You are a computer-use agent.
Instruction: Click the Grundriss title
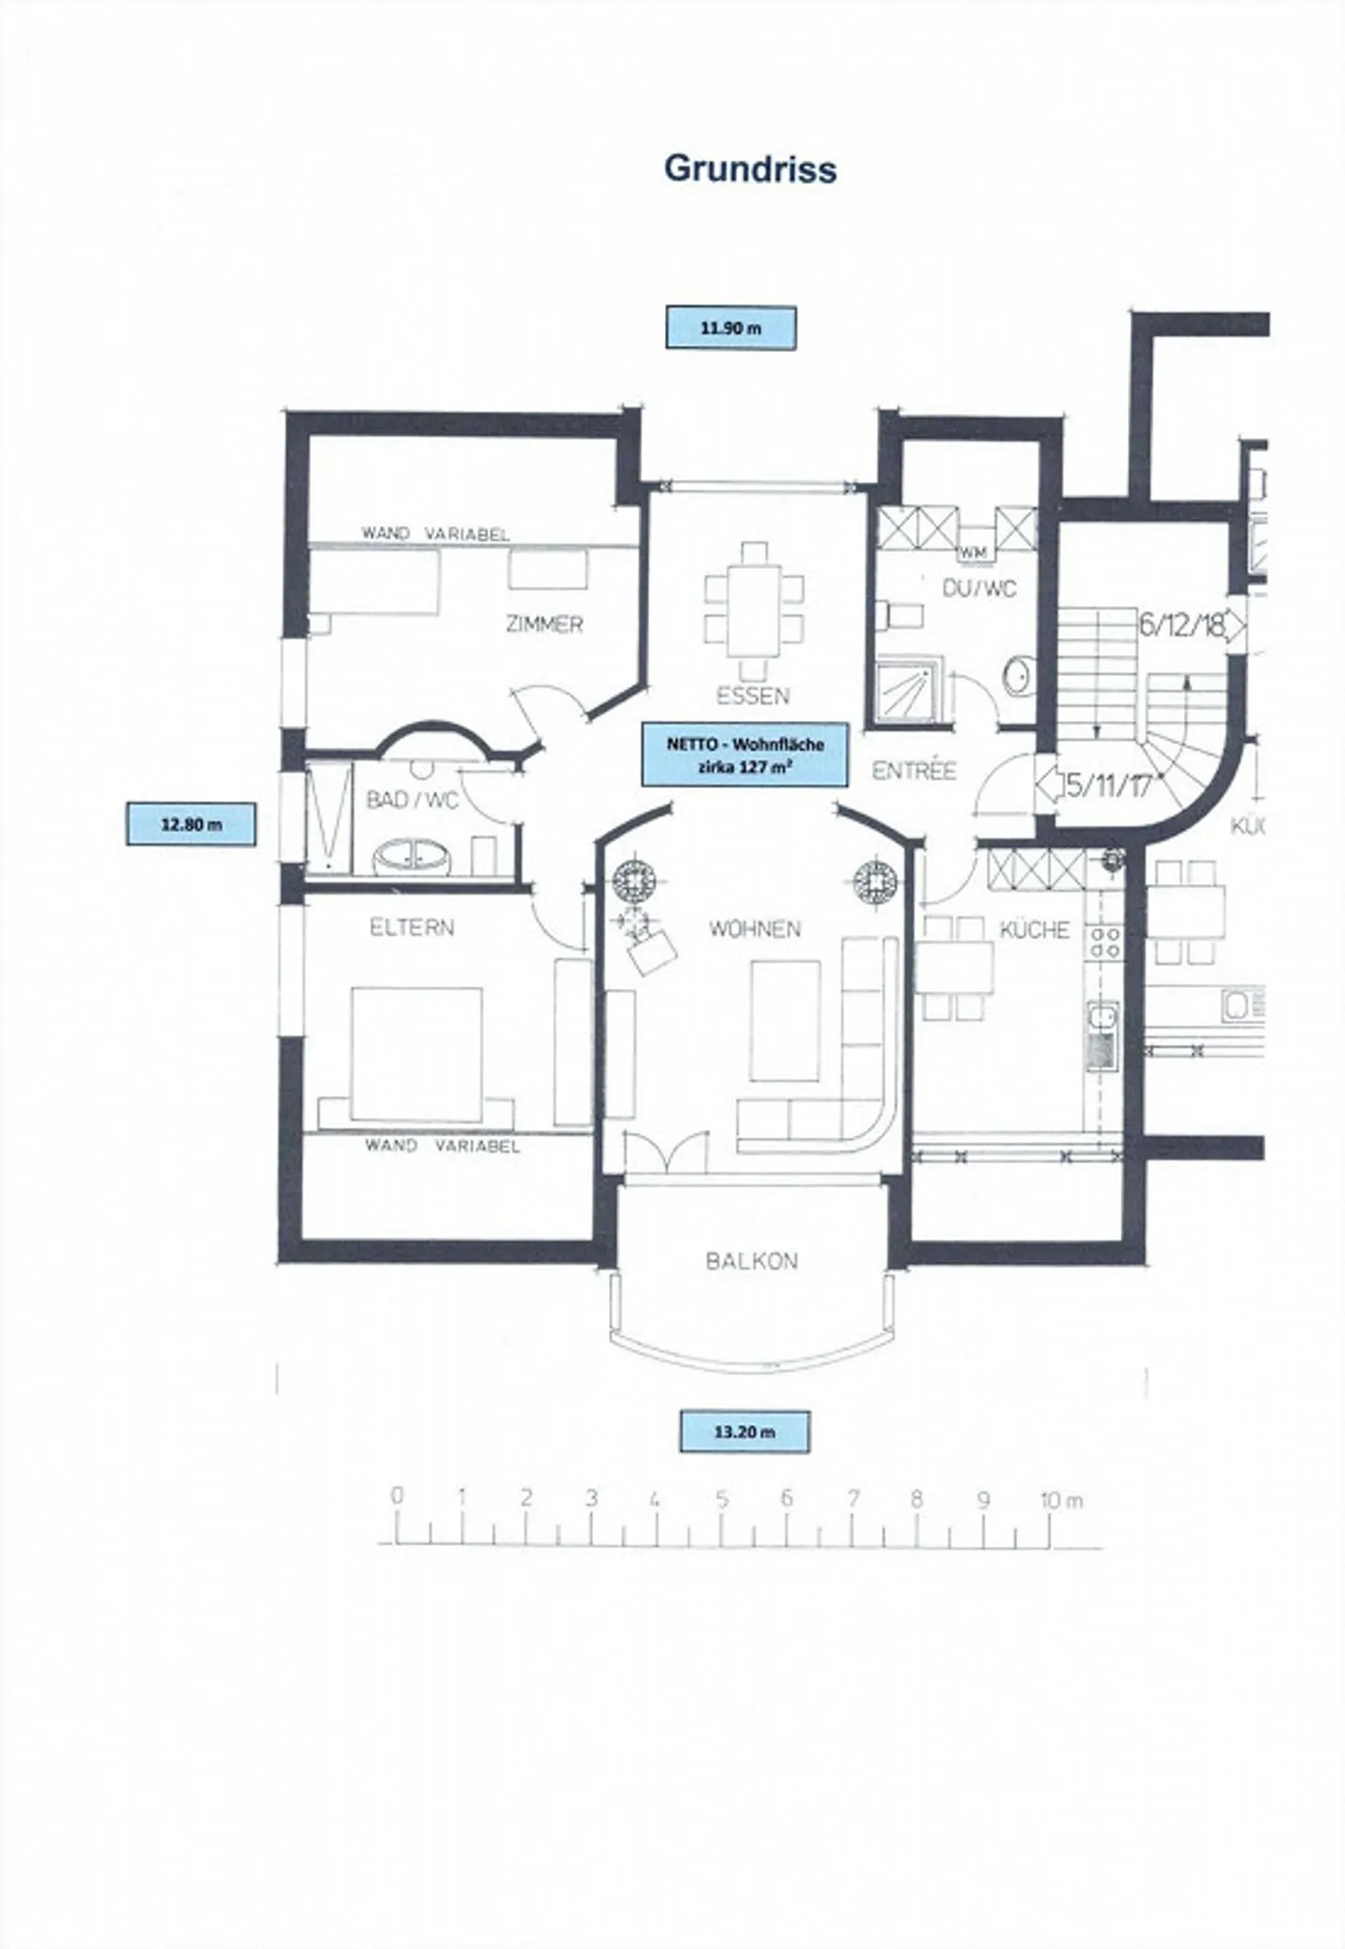coord(750,169)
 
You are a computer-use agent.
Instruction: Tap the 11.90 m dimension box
coord(730,328)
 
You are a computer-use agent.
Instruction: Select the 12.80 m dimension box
coord(191,825)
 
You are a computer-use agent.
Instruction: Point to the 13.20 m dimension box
coord(744,1432)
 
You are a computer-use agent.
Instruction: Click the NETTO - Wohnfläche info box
coord(744,754)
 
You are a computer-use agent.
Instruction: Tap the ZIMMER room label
coord(545,624)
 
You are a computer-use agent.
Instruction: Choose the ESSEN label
coord(753,696)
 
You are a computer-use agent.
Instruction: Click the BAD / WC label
coord(412,800)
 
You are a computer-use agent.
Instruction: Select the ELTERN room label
coord(412,927)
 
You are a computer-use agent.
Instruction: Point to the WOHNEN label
coord(755,929)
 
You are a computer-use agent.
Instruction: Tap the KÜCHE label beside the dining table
coord(1035,929)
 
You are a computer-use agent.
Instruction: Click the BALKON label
coord(752,1262)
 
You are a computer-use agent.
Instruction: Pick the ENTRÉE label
coord(914,770)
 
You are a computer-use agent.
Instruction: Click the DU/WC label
coord(979,589)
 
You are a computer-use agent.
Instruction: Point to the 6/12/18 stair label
coord(1181,625)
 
